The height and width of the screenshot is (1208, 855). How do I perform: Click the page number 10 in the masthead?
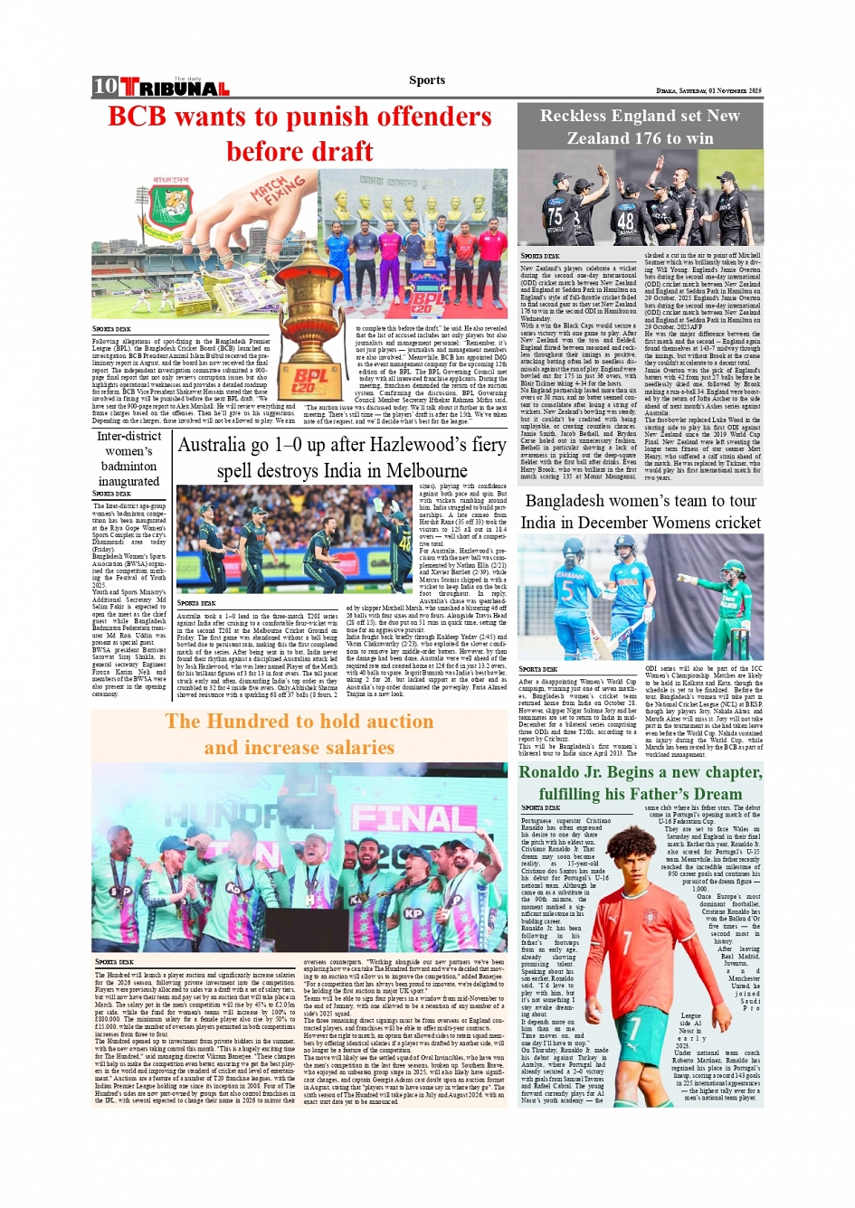pos(105,86)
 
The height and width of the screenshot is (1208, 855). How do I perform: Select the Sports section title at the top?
pos(426,80)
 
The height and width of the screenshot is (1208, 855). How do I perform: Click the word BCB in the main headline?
pos(138,117)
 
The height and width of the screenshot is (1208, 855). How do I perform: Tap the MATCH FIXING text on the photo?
pos(277,191)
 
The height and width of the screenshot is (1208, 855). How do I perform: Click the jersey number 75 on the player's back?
pos(554,216)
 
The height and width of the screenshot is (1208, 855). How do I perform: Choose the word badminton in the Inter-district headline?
pos(128,466)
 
